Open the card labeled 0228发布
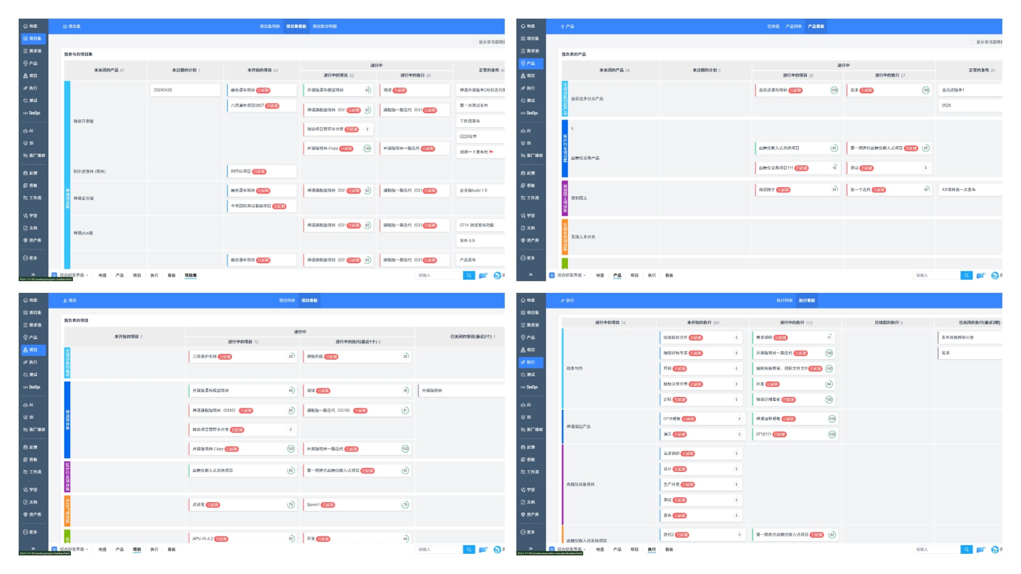click(479, 137)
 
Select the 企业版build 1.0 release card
click(479, 190)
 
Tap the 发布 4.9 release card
click(479, 241)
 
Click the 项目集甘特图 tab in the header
click(324, 27)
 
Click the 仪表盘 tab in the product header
click(773, 27)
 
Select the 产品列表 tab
click(793, 27)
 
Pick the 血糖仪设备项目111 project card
click(797, 168)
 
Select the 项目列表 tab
click(287, 301)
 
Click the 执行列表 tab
click(784, 301)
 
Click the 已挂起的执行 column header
click(888, 323)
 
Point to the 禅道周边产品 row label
click(579, 427)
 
